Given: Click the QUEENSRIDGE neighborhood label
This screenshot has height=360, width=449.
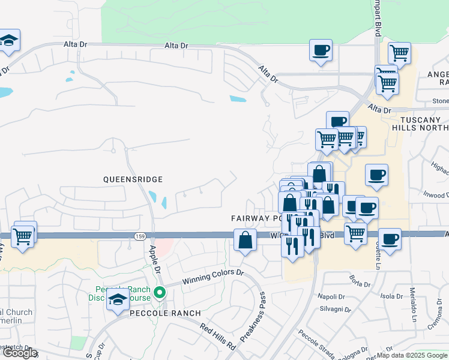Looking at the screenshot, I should point(133,179).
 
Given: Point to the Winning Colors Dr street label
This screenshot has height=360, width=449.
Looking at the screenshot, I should point(214,277).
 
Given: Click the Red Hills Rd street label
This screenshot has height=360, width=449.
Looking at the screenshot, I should point(217,336).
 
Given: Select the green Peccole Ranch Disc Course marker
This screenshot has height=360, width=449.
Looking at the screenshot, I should point(159,293).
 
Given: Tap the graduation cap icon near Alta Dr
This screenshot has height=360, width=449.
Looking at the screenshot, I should point(9,41).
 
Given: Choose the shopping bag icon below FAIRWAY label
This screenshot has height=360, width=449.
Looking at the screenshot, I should point(245,241).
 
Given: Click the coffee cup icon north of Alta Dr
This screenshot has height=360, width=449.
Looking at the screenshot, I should point(321,50).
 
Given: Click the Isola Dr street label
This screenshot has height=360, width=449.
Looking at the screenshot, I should point(391,296).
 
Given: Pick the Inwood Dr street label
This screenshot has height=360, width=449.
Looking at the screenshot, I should point(436,195).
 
